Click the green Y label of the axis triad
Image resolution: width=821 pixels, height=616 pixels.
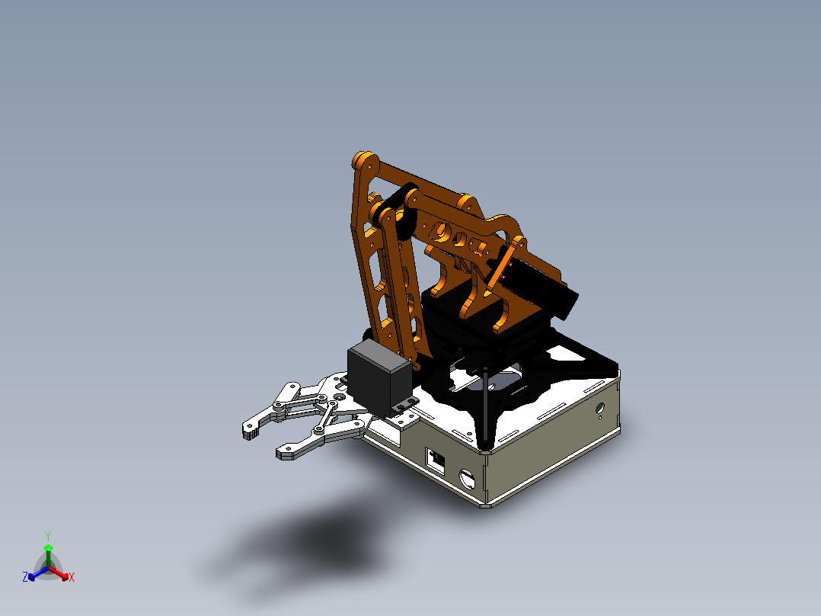(x=47, y=536)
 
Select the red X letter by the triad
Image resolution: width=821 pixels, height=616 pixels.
(x=71, y=578)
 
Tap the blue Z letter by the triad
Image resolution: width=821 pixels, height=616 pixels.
(x=25, y=578)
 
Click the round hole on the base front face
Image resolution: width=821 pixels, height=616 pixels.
(x=468, y=480)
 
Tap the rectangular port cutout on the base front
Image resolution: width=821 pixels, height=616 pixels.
(x=436, y=459)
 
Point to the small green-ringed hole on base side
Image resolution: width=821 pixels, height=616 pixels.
(x=601, y=409)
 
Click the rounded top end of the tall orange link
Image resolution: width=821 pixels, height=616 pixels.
(x=363, y=162)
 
